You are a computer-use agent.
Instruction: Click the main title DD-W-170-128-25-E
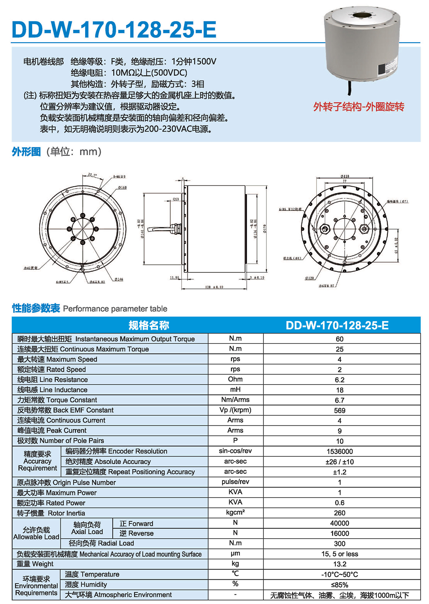tap(114, 29)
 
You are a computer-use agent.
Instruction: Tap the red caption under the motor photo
tap(359, 107)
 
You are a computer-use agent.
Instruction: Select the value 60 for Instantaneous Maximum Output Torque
tap(339, 339)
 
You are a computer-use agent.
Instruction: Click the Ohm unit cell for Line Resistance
tap(235, 379)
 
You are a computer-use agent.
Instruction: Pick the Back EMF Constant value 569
tap(339, 410)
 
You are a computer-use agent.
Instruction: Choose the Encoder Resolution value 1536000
tap(339, 451)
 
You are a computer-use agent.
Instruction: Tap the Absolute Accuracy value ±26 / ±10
tap(339, 462)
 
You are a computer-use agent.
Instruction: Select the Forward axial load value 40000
tap(339, 523)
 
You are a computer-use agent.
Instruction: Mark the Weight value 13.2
tap(339, 564)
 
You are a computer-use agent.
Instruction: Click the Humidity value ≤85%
tap(339, 585)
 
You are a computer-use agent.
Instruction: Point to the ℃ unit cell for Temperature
tap(235, 574)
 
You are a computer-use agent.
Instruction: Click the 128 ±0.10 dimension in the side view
tap(214, 287)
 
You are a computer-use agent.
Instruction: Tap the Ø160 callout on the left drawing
tap(122, 187)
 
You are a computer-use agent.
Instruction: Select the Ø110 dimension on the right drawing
tap(345, 176)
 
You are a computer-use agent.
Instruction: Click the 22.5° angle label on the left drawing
tap(92, 175)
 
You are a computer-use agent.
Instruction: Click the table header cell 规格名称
tap(149, 325)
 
